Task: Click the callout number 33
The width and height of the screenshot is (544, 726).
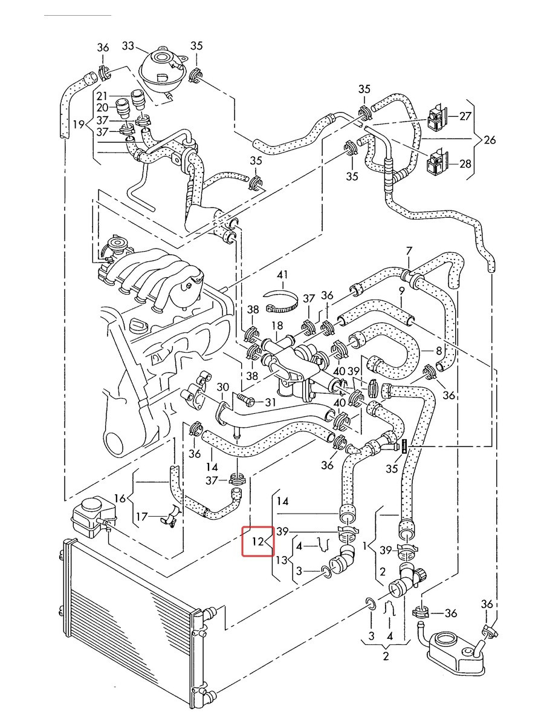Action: pyautogui.click(x=128, y=45)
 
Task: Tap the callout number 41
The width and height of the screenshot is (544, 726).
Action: pyautogui.click(x=282, y=275)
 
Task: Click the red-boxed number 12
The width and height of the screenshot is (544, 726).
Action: pyautogui.click(x=257, y=541)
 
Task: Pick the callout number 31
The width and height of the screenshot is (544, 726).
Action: pyautogui.click(x=270, y=402)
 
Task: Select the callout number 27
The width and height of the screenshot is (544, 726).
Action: pyautogui.click(x=465, y=116)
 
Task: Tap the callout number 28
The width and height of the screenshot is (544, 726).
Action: pyautogui.click(x=465, y=163)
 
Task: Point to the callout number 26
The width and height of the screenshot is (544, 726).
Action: pyautogui.click(x=490, y=140)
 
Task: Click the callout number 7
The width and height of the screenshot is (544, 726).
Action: pyautogui.click(x=409, y=251)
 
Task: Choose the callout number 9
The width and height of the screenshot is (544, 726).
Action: pyautogui.click(x=401, y=292)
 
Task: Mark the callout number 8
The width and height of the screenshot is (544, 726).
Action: pyautogui.click(x=439, y=350)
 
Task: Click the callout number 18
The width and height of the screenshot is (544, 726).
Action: pyautogui.click(x=277, y=325)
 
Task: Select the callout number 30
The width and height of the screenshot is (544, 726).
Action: pyautogui.click(x=223, y=387)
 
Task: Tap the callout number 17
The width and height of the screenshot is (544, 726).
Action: pyautogui.click(x=141, y=516)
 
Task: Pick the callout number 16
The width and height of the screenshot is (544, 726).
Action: pyautogui.click(x=120, y=498)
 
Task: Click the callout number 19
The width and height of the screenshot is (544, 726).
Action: pyautogui.click(x=79, y=125)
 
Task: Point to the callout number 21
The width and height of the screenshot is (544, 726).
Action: pyautogui.click(x=102, y=96)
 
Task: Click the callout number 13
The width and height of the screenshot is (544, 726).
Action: pyautogui.click(x=282, y=560)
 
